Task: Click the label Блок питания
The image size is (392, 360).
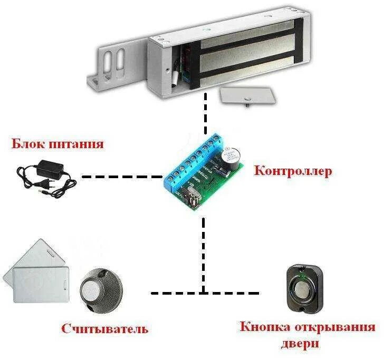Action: click(57, 144)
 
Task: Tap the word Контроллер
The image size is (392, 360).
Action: click(293, 171)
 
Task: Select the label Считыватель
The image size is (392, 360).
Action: click(104, 329)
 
